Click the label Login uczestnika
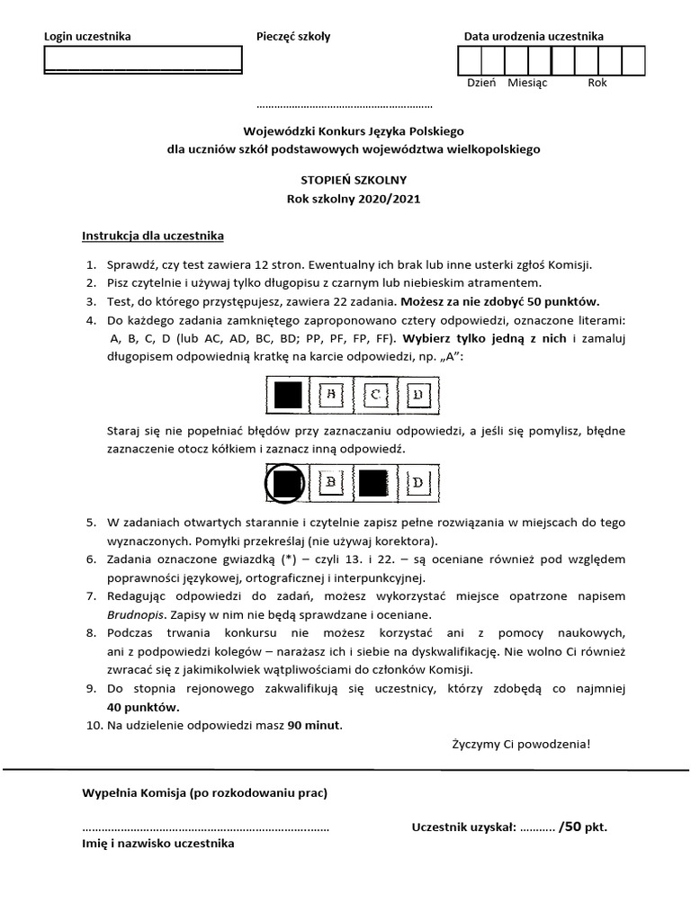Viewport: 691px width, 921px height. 87,37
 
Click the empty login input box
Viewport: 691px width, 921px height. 143,58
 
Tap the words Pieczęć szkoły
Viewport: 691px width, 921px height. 293,37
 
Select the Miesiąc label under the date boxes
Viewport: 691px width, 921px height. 528,83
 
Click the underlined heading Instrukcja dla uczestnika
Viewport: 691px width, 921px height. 153,237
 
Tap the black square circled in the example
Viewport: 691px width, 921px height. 286,484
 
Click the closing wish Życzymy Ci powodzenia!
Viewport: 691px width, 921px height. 522,744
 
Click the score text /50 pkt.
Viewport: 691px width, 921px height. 583,827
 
